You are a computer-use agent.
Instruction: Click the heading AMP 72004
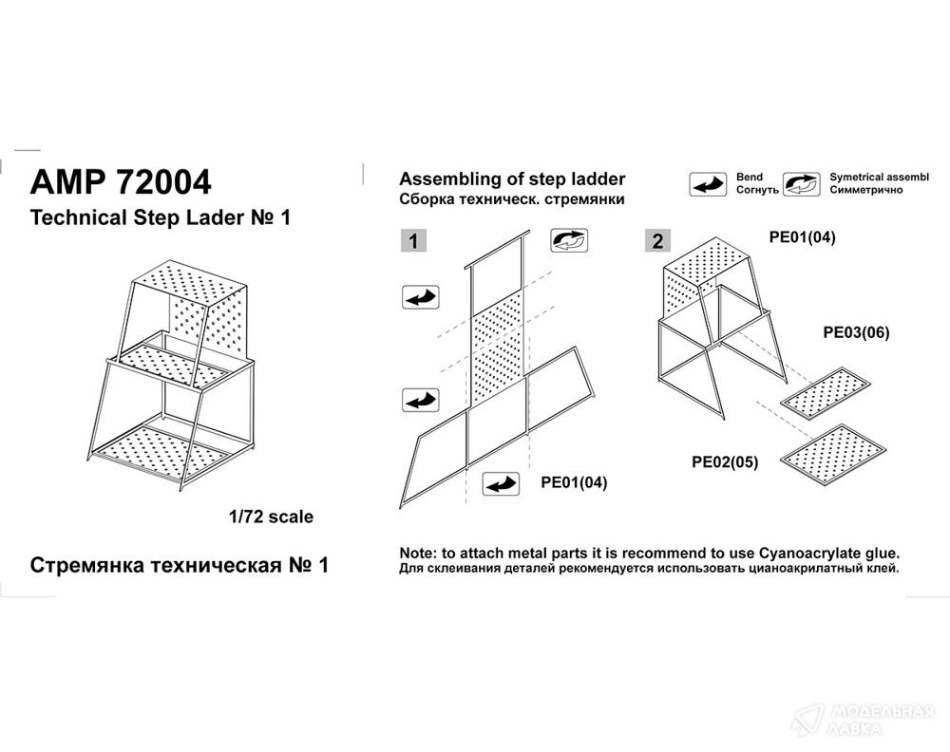121,181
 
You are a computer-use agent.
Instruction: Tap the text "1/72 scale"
271,517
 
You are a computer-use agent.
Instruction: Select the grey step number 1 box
413,241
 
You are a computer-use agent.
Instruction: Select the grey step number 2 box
657,241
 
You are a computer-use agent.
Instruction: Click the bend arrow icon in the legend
708,184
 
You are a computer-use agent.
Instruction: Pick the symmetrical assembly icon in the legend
802,184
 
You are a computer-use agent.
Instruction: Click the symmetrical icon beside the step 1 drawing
569,240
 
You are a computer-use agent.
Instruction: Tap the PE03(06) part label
856,332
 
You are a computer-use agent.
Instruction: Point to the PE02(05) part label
725,462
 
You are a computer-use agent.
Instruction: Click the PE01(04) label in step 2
802,236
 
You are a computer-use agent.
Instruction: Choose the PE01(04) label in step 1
574,482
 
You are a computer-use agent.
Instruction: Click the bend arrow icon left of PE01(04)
501,484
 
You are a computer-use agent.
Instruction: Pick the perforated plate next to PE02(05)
833,454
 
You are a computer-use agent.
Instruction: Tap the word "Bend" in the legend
750,177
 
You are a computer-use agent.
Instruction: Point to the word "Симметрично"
866,190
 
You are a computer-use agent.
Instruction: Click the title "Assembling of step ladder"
512,179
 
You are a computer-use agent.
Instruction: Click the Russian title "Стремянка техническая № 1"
180,565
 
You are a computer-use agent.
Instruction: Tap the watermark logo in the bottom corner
808,720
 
